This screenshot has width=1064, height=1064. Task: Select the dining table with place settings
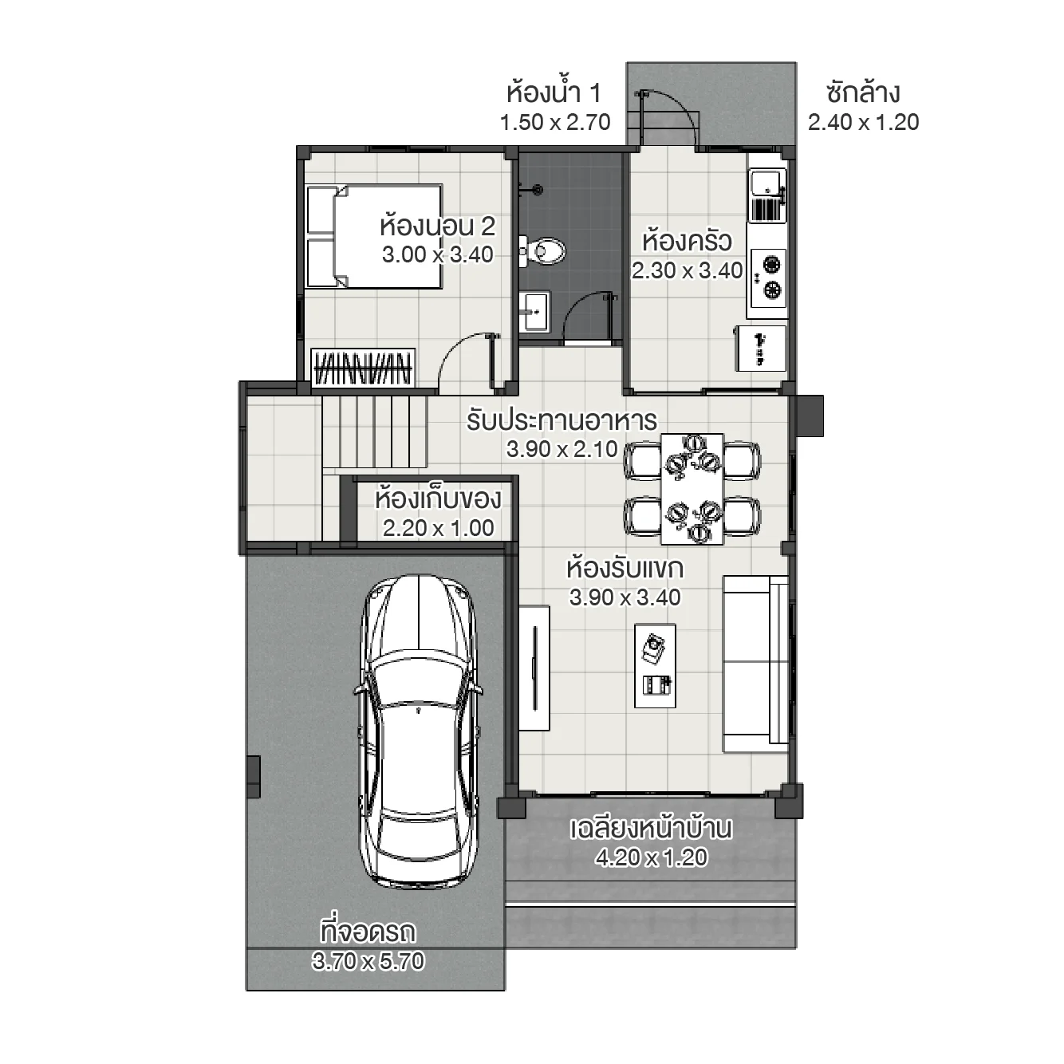pyautogui.click(x=692, y=488)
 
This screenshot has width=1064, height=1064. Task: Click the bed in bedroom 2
pyautogui.click(x=373, y=236)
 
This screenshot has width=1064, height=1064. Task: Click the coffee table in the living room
pyautogui.click(x=656, y=665)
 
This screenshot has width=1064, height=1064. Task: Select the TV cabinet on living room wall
pyautogui.click(x=534, y=667)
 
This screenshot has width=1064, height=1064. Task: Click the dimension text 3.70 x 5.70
pyautogui.click(x=368, y=961)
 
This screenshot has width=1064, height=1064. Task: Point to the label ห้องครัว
pyautogui.click(x=687, y=241)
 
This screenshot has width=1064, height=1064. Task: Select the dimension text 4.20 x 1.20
pyautogui.click(x=651, y=857)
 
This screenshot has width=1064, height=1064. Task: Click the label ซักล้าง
pyautogui.click(x=863, y=93)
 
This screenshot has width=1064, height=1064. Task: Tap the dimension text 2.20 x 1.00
pyautogui.click(x=438, y=528)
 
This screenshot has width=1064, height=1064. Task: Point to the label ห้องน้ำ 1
pyautogui.click(x=554, y=93)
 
